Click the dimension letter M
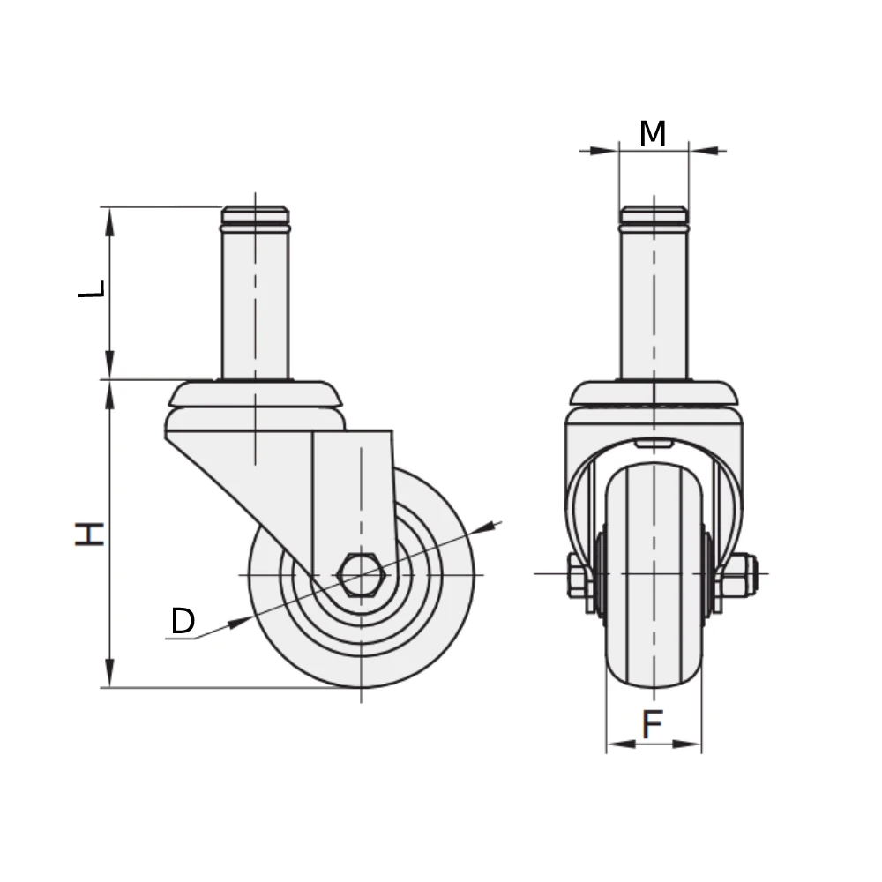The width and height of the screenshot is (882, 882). click(653, 134)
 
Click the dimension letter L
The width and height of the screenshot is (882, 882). click(92, 288)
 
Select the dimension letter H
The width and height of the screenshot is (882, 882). click(90, 534)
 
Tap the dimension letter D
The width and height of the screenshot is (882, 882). click(183, 621)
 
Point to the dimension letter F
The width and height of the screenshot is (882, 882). click(653, 724)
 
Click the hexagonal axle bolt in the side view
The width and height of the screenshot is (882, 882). click(361, 574)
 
